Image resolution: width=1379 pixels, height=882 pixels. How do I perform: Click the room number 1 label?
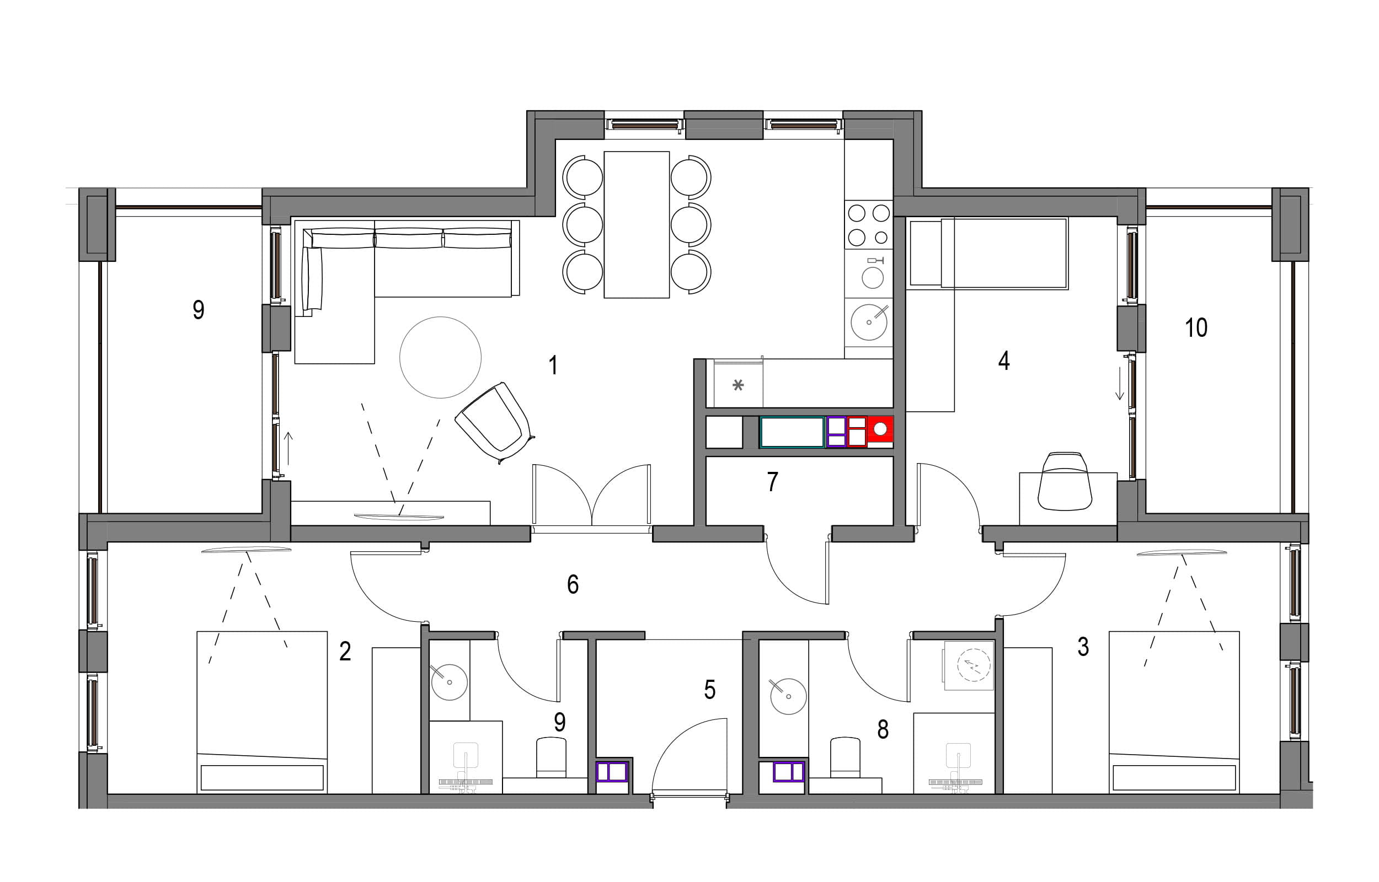click(x=553, y=365)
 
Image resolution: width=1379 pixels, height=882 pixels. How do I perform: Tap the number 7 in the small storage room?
click(x=772, y=482)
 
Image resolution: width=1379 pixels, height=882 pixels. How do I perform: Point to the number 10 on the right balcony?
click(x=1196, y=327)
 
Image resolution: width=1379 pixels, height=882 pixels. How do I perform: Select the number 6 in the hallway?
click(x=573, y=584)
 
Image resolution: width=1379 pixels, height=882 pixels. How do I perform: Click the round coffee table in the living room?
click(x=440, y=357)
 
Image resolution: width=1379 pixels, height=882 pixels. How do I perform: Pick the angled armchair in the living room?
click(x=495, y=423)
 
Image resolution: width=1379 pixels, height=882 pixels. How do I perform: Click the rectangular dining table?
click(x=637, y=224)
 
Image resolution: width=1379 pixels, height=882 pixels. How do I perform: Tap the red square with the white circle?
click(x=880, y=431)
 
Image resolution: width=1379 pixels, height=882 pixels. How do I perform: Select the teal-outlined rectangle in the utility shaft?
click(x=792, y=432)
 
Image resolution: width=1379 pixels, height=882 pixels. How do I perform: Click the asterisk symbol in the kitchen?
click(x=738, y=385)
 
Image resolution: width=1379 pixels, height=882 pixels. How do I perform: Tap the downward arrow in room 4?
click(x=1119, y=383)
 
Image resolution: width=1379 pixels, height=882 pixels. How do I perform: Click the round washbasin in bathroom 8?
click(x=788, y=696)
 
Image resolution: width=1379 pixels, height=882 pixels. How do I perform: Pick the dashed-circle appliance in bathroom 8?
click(x=973, y=665)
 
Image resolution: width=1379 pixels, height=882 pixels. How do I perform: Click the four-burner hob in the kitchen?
click(x=869, y=224)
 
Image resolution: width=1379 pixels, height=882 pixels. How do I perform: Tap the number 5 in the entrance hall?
click(x=710, y=690)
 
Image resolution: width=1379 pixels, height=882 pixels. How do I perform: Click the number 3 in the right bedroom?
click(x=1083, y=647)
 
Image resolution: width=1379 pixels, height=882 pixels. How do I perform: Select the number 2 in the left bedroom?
click(x=345, y=651)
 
